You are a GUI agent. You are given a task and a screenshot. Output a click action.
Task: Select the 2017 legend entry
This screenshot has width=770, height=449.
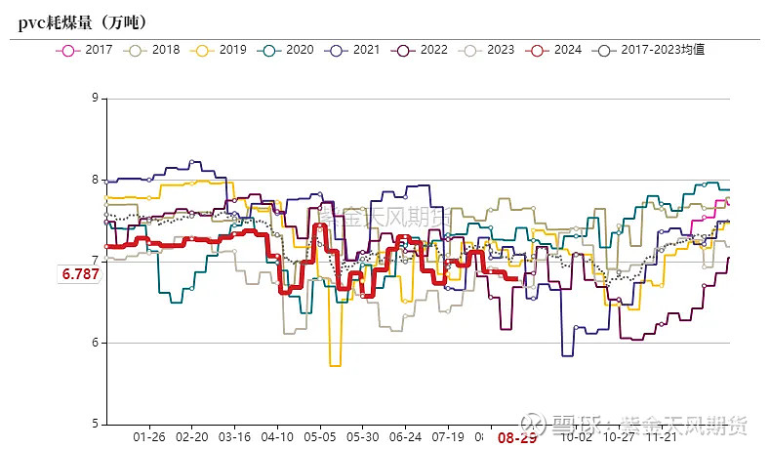(88, 49)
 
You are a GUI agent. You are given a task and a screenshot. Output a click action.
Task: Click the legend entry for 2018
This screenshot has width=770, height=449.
(155, 49)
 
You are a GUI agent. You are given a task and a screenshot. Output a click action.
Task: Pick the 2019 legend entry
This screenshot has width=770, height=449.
(222, 49)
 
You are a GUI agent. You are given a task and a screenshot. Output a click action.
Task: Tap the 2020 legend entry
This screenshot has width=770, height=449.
(289, 49)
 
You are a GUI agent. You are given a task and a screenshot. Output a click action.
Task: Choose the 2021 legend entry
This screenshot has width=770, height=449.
(355, 49)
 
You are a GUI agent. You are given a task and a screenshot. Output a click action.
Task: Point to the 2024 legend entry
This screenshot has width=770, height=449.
(555, 49)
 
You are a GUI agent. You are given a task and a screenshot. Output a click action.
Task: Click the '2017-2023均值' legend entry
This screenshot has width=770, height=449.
(653, 49)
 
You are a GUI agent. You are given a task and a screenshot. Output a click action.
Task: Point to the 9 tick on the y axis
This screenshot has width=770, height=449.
(94, 98)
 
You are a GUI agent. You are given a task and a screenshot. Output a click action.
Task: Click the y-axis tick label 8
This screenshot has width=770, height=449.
(94, 180)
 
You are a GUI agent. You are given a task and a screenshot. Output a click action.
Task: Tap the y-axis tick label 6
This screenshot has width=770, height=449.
(94, 343)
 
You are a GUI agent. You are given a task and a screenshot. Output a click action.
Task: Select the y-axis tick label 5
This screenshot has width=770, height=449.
(94, 424)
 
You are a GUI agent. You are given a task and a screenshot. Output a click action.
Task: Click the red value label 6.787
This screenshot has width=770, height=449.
(80, 274)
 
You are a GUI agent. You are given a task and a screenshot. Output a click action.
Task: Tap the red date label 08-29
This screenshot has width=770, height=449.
(517, 438)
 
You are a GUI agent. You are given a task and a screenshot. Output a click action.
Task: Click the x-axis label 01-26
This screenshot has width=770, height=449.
(149, 437)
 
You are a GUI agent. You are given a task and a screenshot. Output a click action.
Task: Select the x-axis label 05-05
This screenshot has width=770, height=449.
(320, 437)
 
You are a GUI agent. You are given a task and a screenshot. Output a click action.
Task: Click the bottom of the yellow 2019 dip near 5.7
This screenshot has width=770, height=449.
(335, 365)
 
